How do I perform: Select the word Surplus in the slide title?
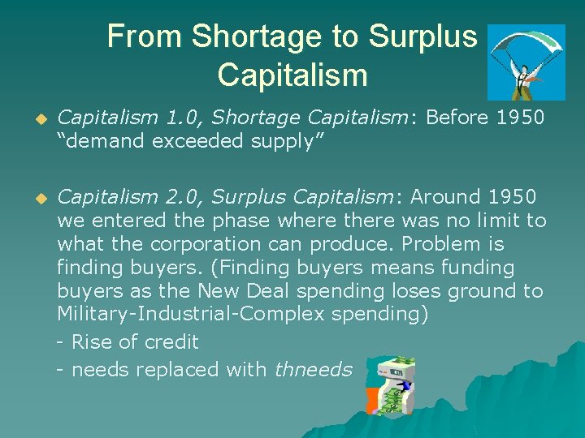point(422,36)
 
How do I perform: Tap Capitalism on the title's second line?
point(292,75)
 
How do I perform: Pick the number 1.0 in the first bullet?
point(180,118)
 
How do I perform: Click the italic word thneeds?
point(313,370)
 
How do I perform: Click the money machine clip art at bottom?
point(388,385)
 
